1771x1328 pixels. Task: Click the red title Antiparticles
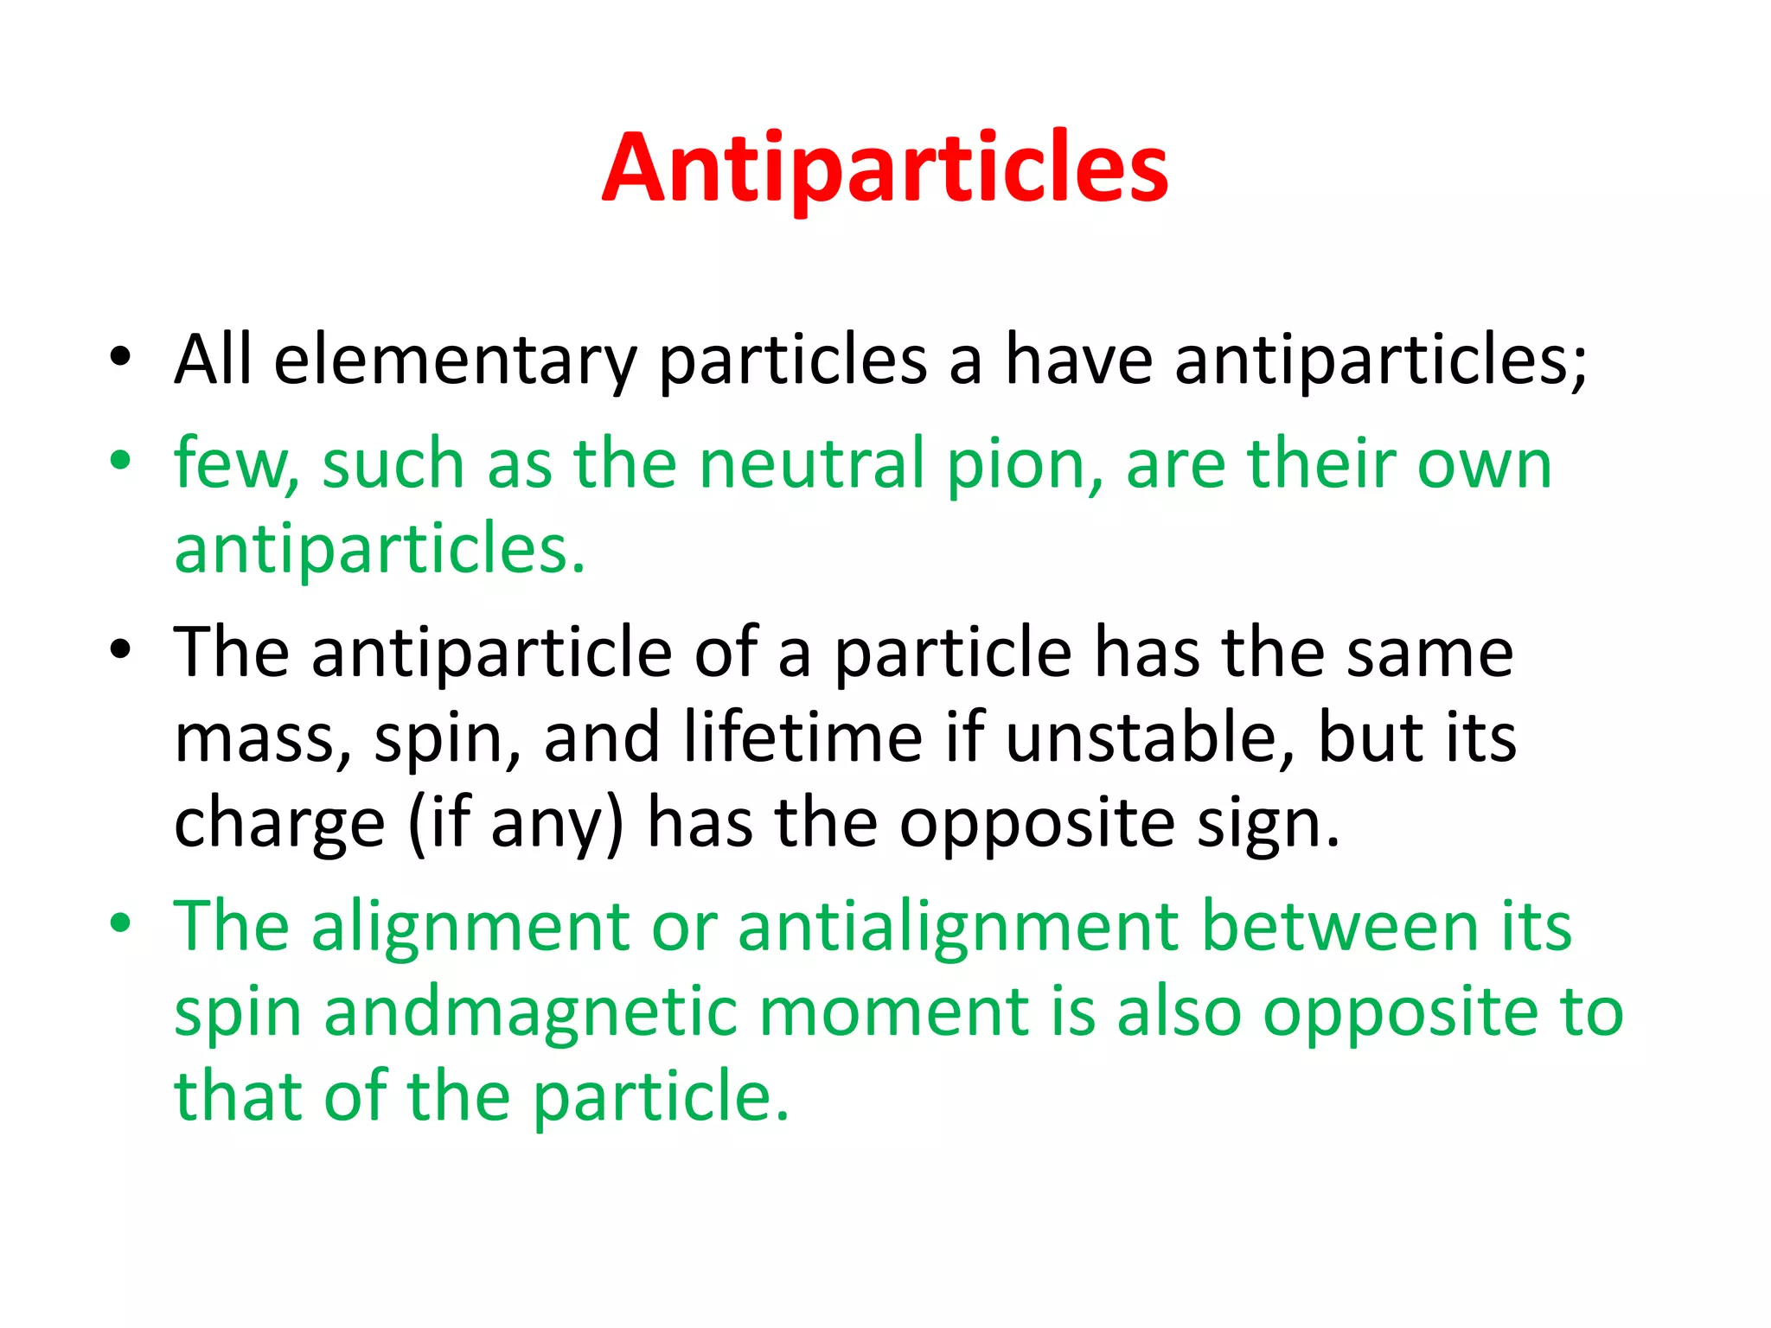coord(885,168)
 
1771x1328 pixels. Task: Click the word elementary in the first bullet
coord(455,360)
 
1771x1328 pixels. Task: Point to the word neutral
coord(811,463)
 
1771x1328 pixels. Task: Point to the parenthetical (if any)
coord(515,824)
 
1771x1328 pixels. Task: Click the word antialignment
coord(958,927)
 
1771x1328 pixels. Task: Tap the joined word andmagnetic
coord(530,1012)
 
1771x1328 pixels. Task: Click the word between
coord(1339,927)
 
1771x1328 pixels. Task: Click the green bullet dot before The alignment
coord(120,923)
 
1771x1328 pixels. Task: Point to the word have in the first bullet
coord(1077,360)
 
